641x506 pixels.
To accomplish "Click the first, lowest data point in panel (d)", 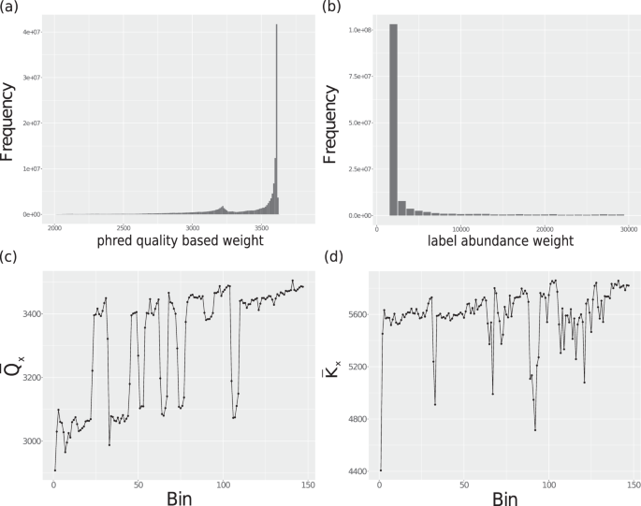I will tap(381, 470).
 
